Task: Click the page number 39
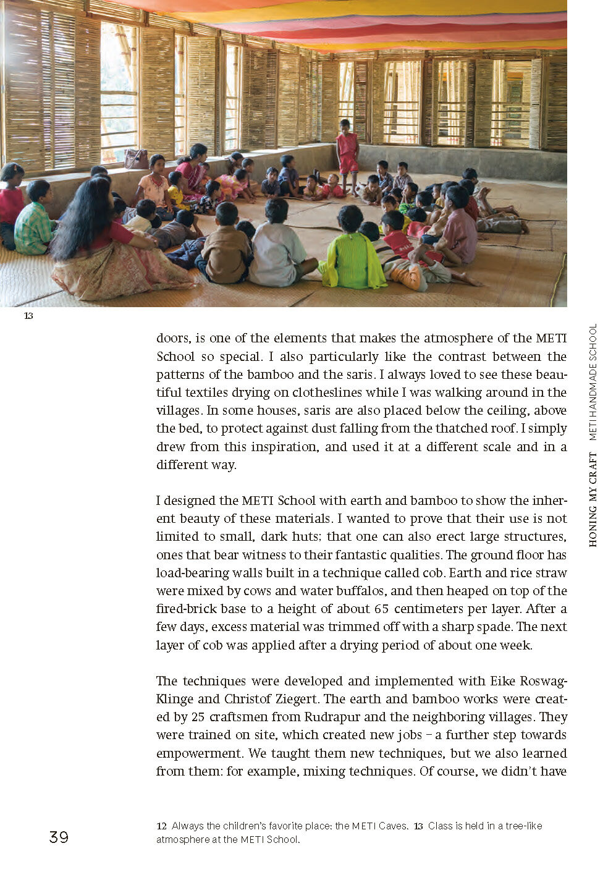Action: (x=59, y=837)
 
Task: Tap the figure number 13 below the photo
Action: (x=28, y=316)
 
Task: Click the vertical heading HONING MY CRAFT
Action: (x=593, y=499)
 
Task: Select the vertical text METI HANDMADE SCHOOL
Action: (x=593, y=382)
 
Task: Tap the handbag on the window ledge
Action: (x=136, y=159)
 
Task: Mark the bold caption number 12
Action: (x=161, y=826)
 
